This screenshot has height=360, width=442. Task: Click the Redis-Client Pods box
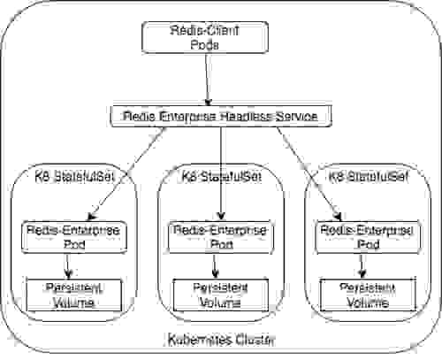(205, 36)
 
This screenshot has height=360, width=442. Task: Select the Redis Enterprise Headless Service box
(220, 117)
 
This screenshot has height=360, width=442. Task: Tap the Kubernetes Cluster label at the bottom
(221, 340)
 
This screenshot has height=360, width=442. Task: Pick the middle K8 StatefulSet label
(221, 176)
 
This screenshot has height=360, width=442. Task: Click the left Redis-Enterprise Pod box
(72, 235)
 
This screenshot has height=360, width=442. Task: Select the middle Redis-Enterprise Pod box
(221, 235)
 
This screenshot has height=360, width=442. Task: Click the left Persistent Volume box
(72, 295)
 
